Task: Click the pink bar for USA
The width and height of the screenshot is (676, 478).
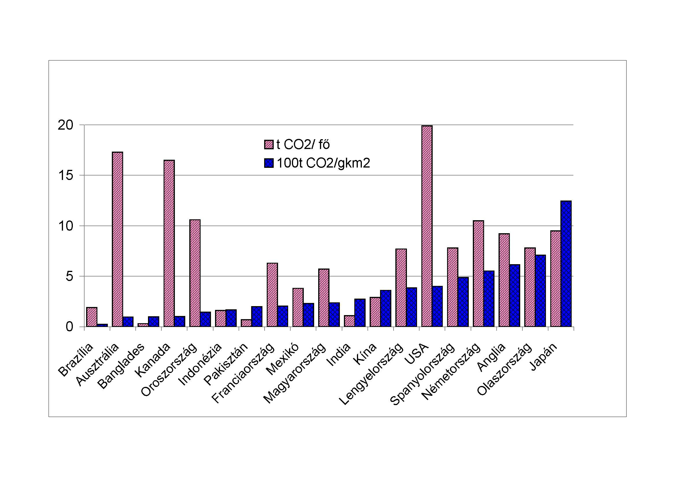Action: click(x=427, y=226)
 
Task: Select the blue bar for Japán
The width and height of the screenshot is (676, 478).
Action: click(x=566, y=264)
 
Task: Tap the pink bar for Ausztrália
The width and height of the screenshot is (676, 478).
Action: click(x=117, y=239)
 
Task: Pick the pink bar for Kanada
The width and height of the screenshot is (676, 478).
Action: click(x=169, y=243)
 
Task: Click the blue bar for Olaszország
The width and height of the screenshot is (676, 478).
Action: click(x=540, y=291)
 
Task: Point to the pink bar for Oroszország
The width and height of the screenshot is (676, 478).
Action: click(x=195, y=273)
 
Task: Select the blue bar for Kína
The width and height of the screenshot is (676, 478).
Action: click(x=386, y=308)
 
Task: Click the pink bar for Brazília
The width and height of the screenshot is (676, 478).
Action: click(x=92, y=317)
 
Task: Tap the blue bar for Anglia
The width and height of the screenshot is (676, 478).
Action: click(x=515, y=296)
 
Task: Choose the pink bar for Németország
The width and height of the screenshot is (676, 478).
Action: click(x=478, y=273)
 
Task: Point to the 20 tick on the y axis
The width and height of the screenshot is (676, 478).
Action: click(x=65, y=125)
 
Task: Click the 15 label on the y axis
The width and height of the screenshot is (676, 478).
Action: click(x=65, y=176)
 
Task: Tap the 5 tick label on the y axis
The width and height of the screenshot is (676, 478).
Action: click(x=69, y=276)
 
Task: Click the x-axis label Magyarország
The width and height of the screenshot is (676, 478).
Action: click(x=295, y=373)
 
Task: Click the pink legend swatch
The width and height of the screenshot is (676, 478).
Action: click(x=268, y=145)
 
